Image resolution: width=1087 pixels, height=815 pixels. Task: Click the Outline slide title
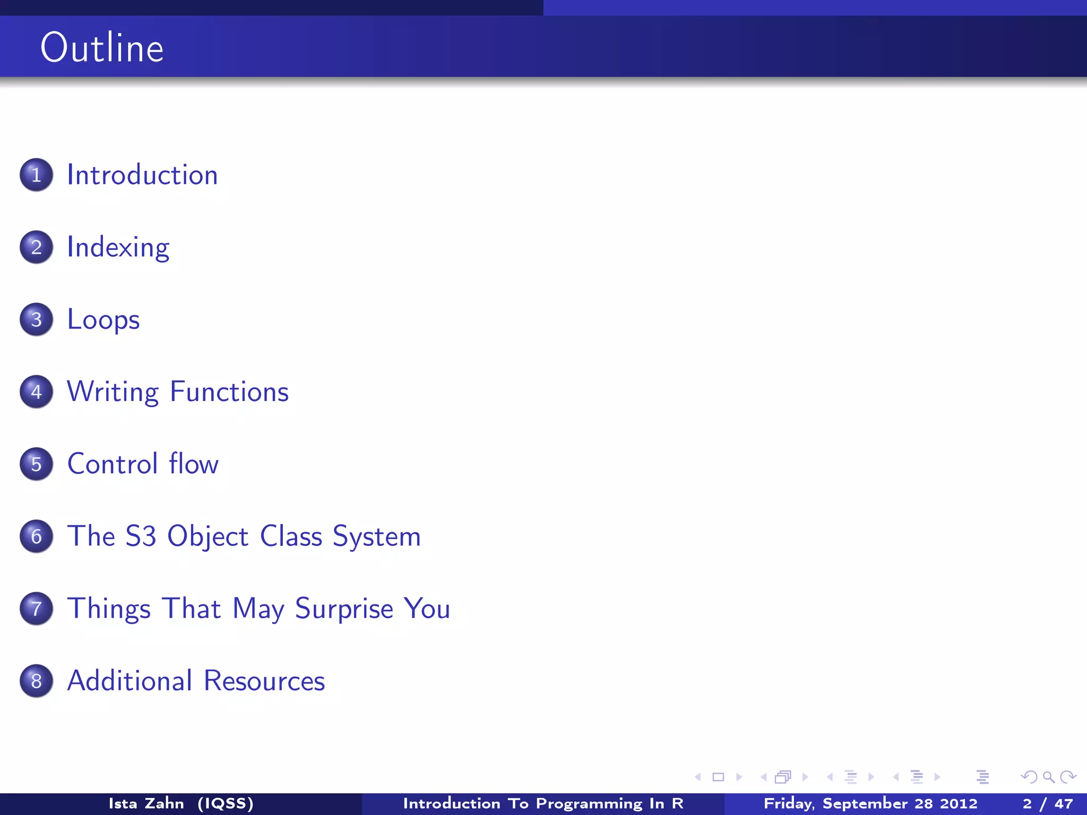102,48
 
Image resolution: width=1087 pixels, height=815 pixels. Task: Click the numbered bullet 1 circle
36,175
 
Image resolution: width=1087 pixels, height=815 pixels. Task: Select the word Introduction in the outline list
142,175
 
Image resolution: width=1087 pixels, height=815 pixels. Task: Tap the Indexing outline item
118,247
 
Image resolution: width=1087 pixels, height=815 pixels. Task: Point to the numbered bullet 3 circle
36,319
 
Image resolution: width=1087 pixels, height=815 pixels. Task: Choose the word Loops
103,319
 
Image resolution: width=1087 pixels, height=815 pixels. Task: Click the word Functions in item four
229,392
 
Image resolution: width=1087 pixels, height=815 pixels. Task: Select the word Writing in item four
113,392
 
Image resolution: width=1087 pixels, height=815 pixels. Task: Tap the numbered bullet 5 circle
36,464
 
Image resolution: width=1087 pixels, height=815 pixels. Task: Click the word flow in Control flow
193,464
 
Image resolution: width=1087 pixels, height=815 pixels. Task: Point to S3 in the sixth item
141,536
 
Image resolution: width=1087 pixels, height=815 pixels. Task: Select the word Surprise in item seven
344,608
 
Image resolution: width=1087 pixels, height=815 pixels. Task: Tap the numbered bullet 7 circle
36,608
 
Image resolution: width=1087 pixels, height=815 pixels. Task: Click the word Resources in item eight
264,681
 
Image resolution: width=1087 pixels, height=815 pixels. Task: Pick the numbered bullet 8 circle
36,681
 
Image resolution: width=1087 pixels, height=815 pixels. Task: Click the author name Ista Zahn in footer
146,803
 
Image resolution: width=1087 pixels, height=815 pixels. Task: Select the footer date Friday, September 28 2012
870,803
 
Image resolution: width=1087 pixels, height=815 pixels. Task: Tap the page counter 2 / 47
1047,803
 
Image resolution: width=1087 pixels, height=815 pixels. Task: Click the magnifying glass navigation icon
1048,777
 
